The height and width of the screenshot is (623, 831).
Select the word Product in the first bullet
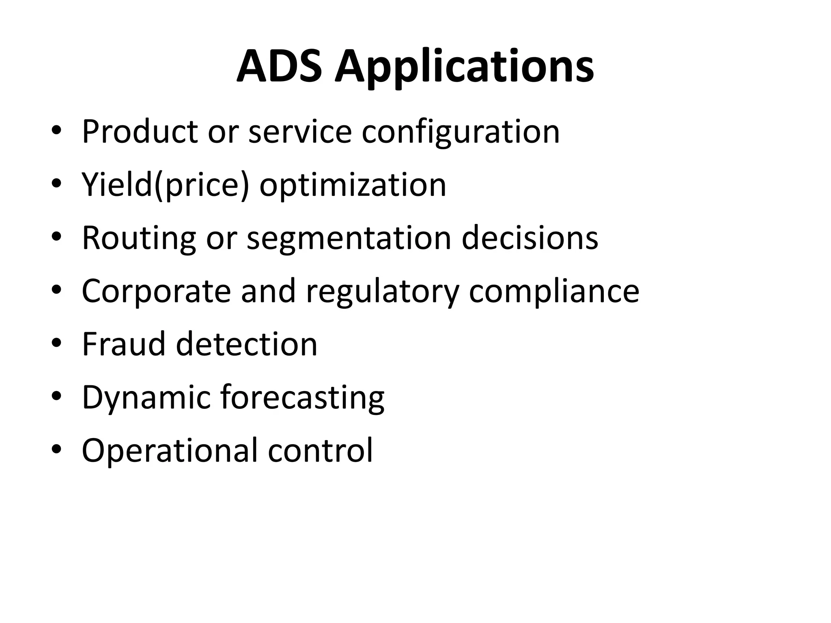pos(140,131)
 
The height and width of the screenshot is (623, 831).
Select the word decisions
pos(530,238)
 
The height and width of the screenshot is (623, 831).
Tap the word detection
pos(246,344)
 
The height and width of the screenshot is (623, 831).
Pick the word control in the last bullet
pos(320,450)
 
